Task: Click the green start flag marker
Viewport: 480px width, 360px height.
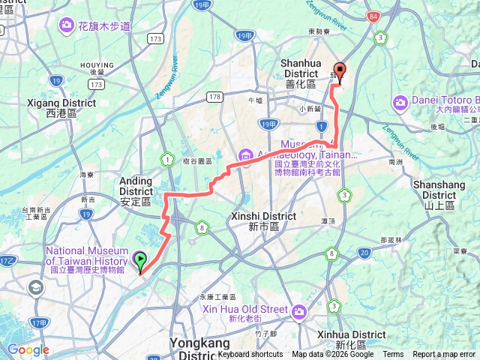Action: (140, 261)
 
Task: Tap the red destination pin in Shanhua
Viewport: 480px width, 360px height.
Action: (339, 72)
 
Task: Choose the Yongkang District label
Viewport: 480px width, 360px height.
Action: (199, 343)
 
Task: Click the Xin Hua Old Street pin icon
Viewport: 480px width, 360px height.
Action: (300, 310)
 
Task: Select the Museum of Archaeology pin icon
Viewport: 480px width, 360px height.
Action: (245, 154)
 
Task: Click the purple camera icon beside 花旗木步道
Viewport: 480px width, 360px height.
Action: (66, 26)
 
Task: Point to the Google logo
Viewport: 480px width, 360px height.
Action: (28, 349)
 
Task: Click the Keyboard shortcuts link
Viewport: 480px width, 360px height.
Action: (251, 355)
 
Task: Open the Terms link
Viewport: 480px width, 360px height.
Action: (393, 355)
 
